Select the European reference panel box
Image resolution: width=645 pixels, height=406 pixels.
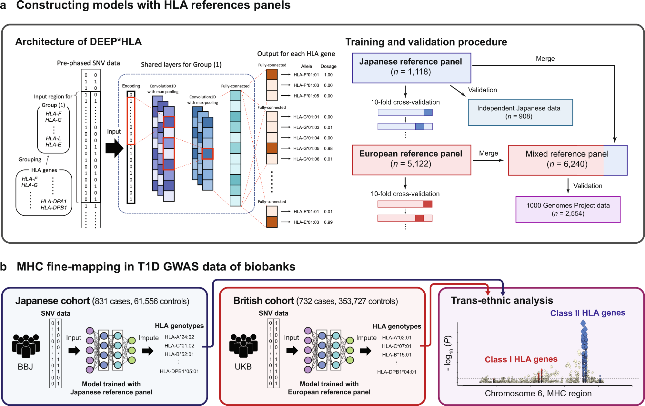click(411, 160)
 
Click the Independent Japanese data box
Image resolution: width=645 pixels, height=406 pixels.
click(520, 112)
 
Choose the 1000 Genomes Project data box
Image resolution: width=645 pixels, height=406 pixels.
click(568, 209)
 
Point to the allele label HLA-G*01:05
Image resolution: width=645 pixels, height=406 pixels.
click(306, 148)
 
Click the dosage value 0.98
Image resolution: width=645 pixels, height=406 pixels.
click(328, 148)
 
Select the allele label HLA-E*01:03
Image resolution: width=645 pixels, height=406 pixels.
click(306, 222)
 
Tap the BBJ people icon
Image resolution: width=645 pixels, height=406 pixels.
click(26, 346)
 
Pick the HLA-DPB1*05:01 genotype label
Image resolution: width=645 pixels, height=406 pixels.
click(179, 371)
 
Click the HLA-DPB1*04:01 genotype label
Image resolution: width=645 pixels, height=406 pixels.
click(397, 372)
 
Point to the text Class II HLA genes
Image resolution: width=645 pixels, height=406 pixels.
click(588, 313)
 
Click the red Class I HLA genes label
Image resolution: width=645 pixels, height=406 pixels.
click(521, 360)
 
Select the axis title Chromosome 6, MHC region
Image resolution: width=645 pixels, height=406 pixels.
click(538, 394)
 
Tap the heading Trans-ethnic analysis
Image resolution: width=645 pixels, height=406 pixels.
click(502, 300)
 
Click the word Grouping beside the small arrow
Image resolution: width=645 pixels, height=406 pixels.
click(30, 159)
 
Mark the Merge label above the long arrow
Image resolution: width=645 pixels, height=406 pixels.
click(545, 59)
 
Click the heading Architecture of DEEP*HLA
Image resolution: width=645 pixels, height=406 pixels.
click(78, 42)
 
